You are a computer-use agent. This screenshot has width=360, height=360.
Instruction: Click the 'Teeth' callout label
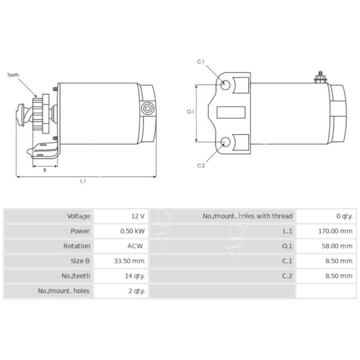pyautogui.click(x=13, y=75)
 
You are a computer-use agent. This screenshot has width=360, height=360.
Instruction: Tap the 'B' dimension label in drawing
pyautogui.click(x=44, y=170)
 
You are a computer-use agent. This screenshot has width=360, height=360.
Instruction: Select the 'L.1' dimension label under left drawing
pyautogui.click(x=83, y=182)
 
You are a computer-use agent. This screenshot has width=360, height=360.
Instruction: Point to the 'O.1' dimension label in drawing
pyautogui.click(x=190, y=112)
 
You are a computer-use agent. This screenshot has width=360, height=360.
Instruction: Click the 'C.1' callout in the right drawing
pyautogui.click(x=201, y=62)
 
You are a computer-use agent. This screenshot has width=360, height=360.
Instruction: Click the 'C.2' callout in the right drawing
pyautogui.click(x=201, y=166)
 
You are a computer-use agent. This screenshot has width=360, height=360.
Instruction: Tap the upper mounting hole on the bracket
pyautogui.click(x=225, y=85)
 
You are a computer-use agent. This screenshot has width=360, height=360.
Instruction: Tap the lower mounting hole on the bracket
pyautogui.click(x=225, y=142)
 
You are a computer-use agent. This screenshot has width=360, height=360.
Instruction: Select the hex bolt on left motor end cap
pyautogui.click(x=146, y=109)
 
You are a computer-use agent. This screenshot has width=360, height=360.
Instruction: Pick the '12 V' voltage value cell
pyautogui.click(x=137, y=216)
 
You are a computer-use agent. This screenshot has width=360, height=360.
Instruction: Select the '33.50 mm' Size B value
pyautogui.click(x=130, y=261)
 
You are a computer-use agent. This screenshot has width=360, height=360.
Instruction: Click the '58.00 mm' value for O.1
pyautogui.click(x=337, y=246)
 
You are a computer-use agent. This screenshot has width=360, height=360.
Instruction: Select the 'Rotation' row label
pyautogui.click(x=77, y=246)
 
